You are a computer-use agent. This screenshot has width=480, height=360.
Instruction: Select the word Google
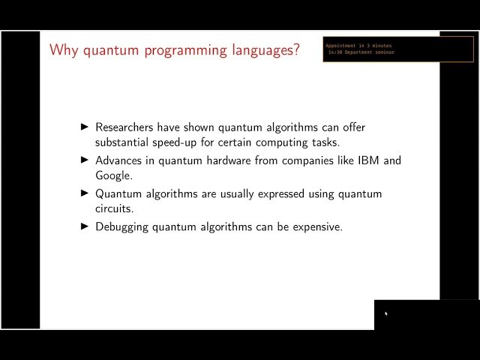[114, 175]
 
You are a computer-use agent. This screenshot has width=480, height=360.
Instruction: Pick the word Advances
[119, 160]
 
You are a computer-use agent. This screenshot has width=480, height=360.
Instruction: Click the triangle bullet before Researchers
[84, 127]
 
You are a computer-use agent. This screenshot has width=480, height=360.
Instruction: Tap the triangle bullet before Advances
[84, 160]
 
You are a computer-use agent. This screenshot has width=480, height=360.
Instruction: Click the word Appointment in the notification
[341, 46]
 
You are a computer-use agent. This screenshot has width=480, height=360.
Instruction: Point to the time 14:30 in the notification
[334, 52]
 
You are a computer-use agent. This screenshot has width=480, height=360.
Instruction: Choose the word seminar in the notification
[383, 52]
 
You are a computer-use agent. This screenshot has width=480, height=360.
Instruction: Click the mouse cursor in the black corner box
[386, 313]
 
